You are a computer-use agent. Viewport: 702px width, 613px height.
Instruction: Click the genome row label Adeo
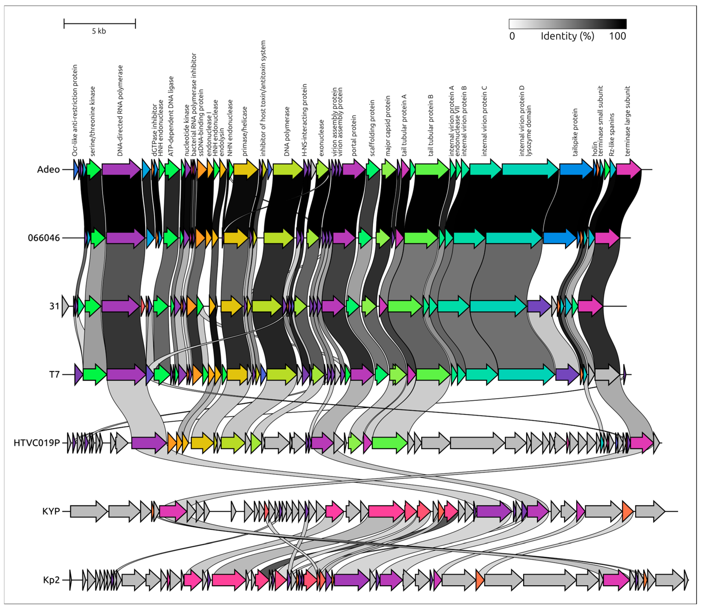(x=48, y=170)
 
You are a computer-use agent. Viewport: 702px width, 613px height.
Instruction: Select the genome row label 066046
(x=44, y=238)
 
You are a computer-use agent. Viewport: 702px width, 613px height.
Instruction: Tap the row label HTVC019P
(x=37, y=443)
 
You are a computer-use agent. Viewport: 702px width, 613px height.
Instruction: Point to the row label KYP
(x=51, y=511)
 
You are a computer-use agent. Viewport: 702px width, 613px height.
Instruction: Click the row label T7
(x=54, y=375)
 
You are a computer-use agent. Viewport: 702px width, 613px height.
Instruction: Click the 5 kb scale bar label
(x=99, y=31)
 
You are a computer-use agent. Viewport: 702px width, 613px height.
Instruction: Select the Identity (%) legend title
(x=567, y=36)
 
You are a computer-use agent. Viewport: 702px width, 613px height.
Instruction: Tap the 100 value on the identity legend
(x=617, y=36)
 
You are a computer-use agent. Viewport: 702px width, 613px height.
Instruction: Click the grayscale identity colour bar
(x=567, y=24)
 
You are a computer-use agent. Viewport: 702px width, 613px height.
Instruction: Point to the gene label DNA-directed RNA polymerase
(x=120, y=111)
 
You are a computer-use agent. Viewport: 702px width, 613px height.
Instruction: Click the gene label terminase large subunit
(x=627, y=121)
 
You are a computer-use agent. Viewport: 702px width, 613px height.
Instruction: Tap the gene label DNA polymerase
(x=287, y=132)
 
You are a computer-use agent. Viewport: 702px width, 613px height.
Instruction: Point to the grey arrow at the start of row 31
(x=65, y=306)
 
